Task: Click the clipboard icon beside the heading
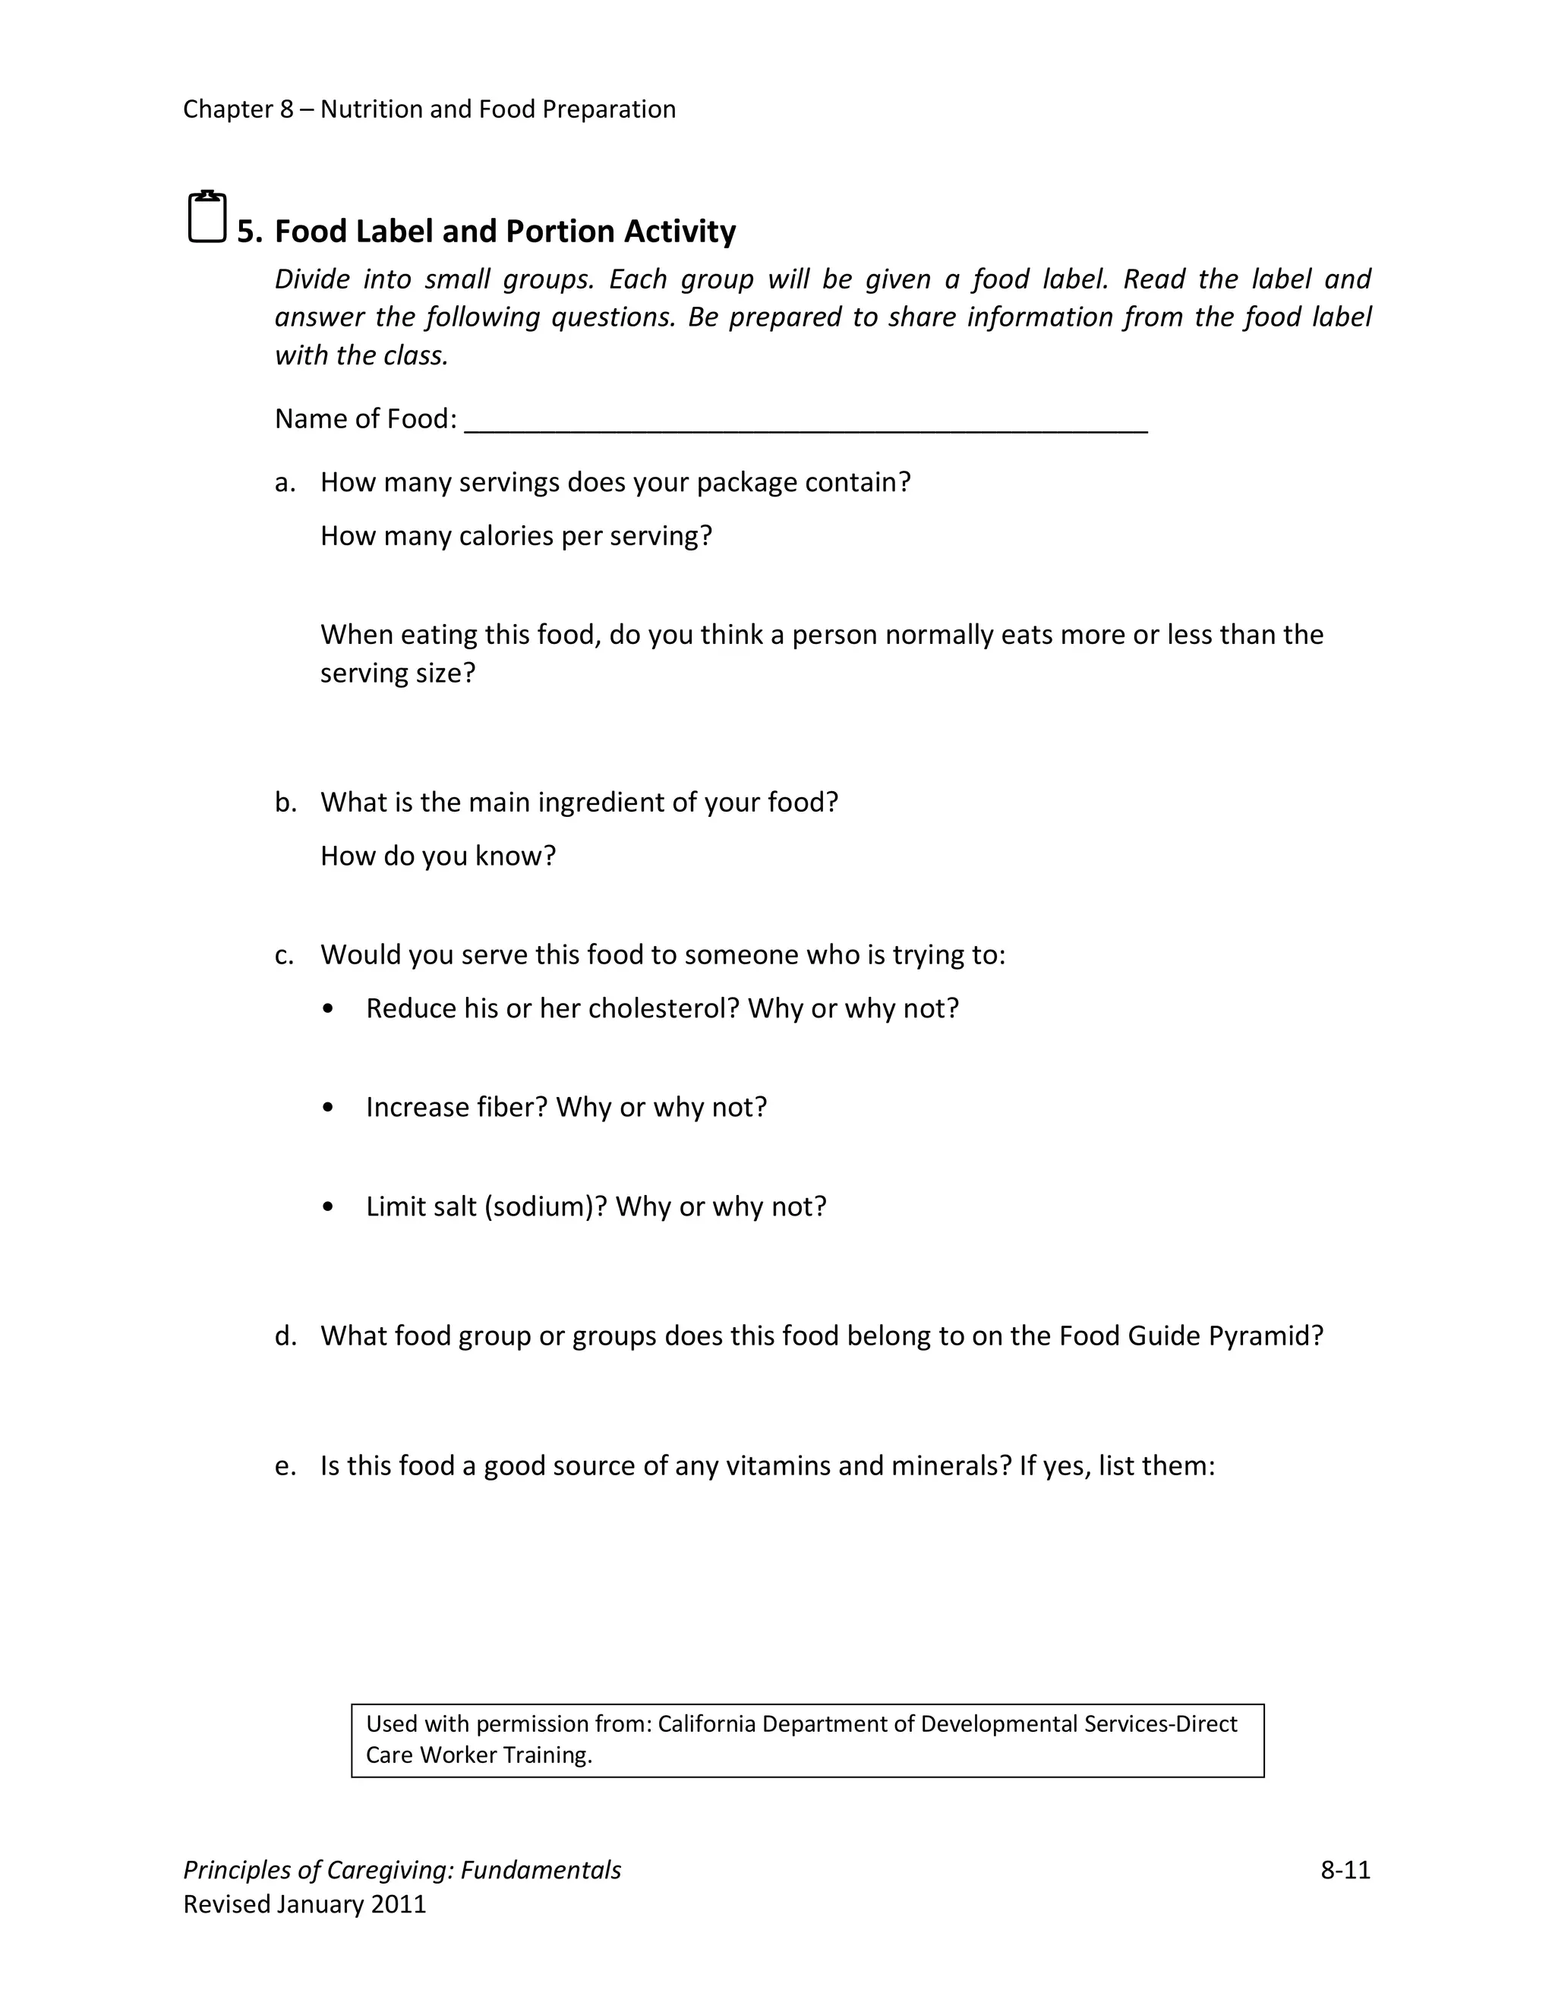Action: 207,217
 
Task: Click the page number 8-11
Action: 1345,1869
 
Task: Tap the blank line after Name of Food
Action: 806,422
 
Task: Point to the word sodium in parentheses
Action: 541,1207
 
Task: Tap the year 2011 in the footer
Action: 398,1904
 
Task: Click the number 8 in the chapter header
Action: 286,109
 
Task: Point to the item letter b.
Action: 285,803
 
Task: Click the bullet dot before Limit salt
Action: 329,1207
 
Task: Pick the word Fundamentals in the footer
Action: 541,1870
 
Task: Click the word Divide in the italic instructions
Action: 311,279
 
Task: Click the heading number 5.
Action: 247,232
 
